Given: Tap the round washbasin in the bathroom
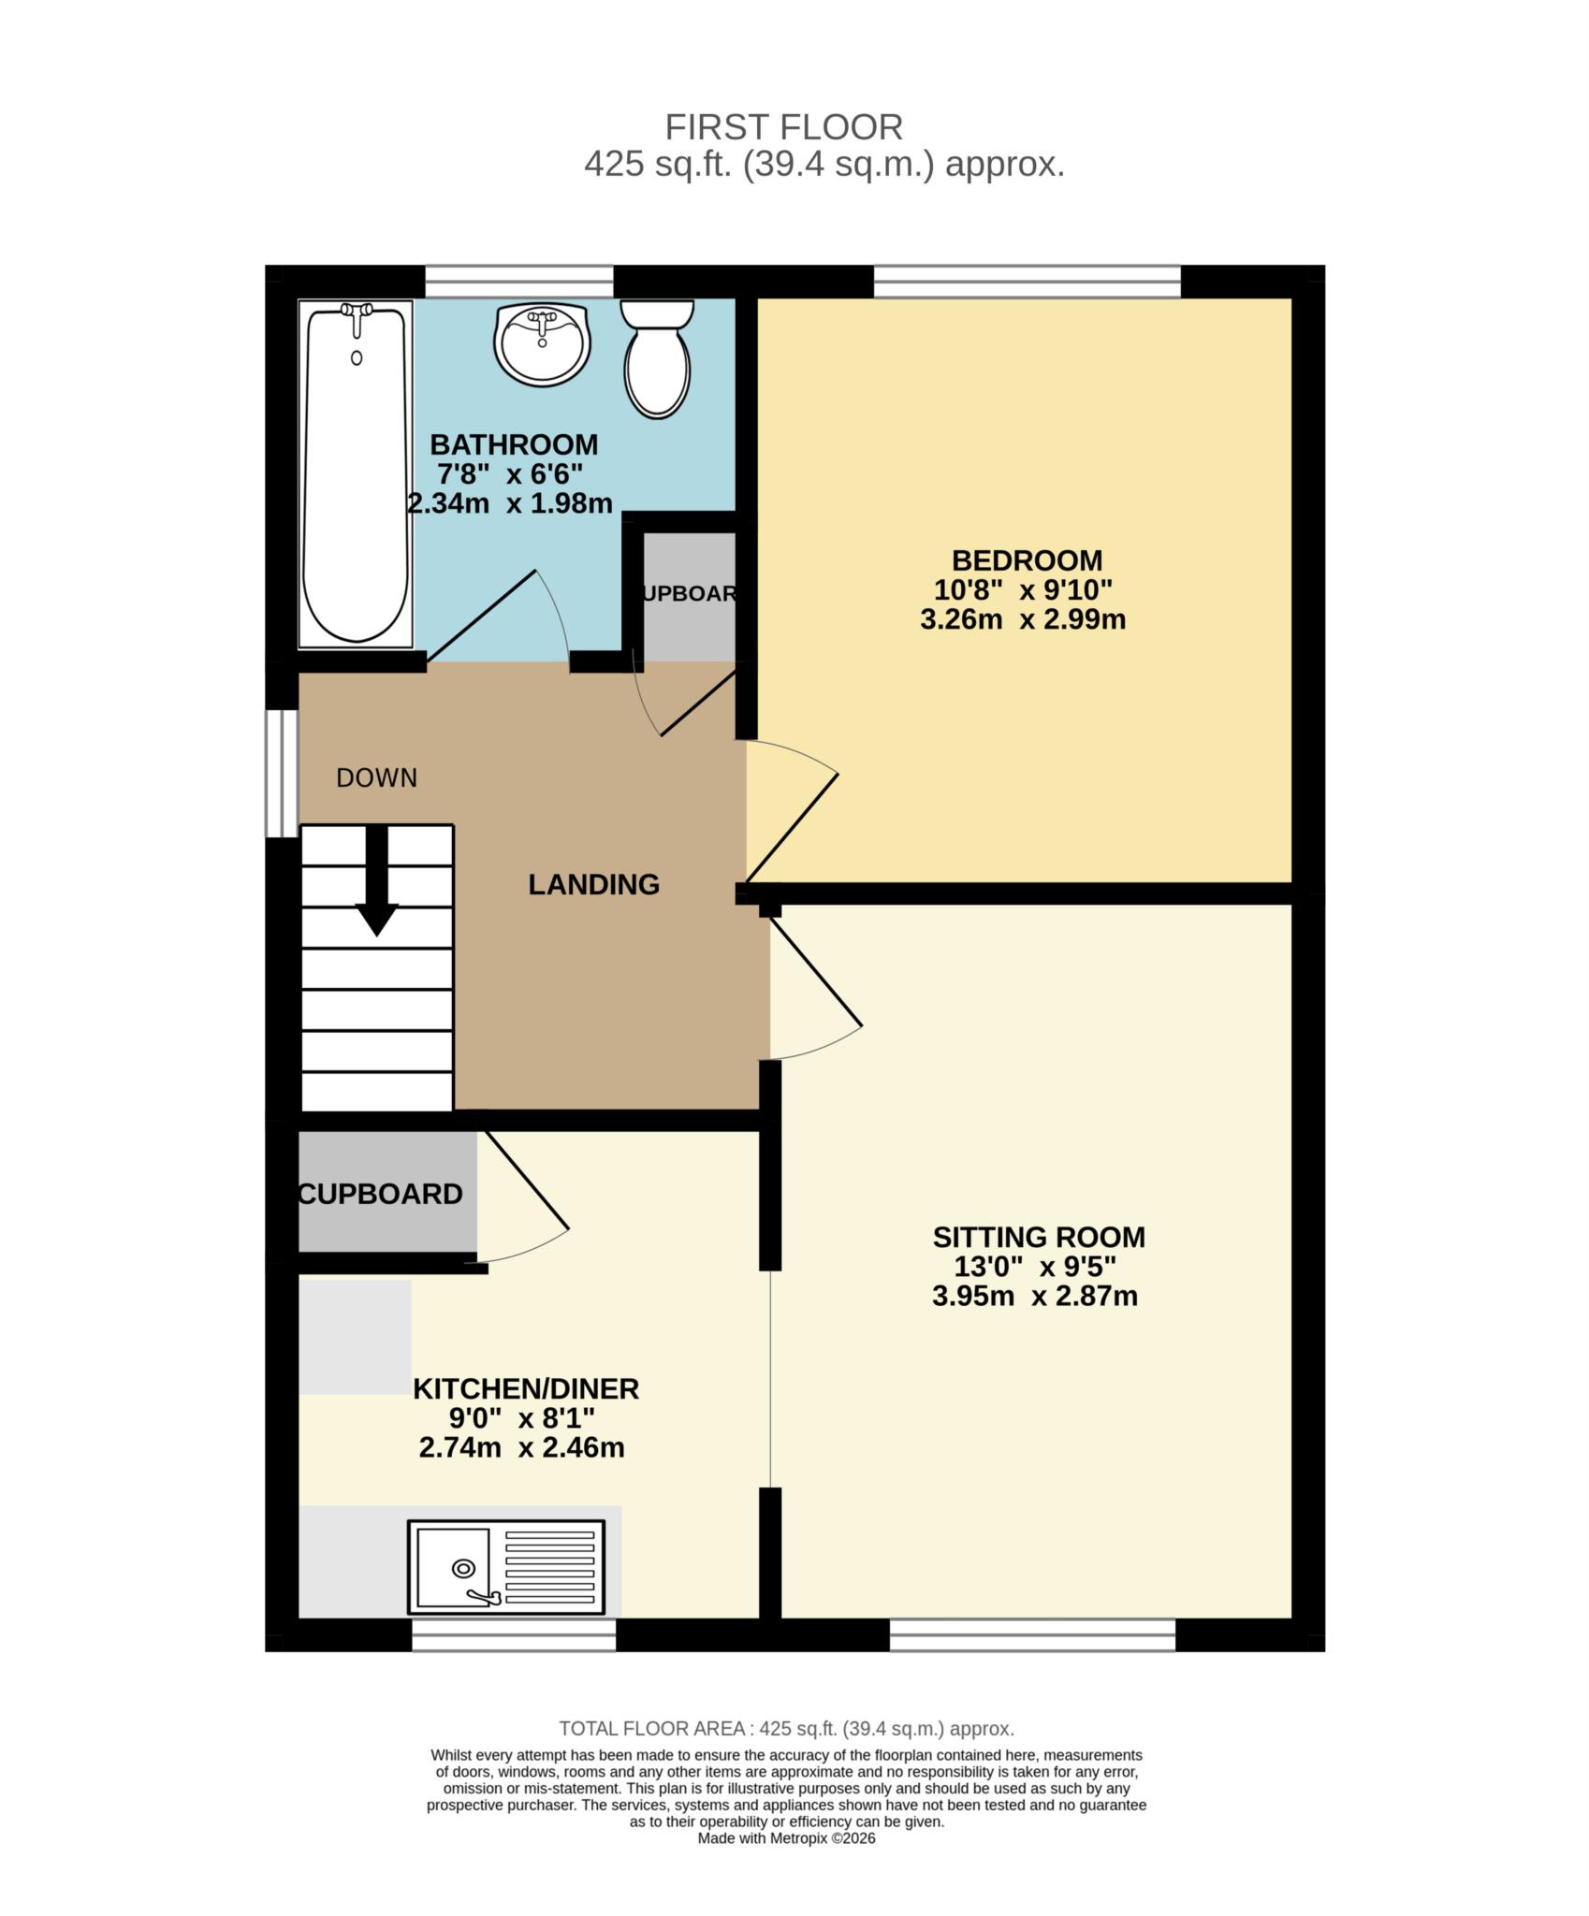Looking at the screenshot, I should pyautogui.click(x=542, y=343).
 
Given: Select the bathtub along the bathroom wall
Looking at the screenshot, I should pyautogui.click(x=356, y=474).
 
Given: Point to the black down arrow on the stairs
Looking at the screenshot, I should pyautogui.click(x=377, y=881).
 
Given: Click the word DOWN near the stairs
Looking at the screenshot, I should pyautogui.click(x=376, y=777).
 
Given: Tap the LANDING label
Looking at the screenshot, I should pyautogui.click(x=593, y=884).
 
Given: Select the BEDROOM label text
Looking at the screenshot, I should pyautogui.click(x=1027, y=560).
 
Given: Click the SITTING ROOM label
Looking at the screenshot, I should pyautogui.click(x=1039, y=1237).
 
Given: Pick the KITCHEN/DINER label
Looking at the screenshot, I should pyautogui.click(x=526, y=1388).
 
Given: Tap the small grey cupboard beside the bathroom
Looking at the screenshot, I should pyautogui.click(x=689, y=595).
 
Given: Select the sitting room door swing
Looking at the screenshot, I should pyautogui.click(x=812, y=992).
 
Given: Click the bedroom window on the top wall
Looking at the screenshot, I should pyautogui.click(x=1027, y=281).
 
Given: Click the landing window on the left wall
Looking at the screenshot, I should pyautogui.click(x=281, y=773).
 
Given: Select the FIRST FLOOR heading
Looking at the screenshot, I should pyautogui.click(x=783, y=126).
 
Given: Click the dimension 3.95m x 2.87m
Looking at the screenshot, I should pyautogui.click(x=1034, y=1297).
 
